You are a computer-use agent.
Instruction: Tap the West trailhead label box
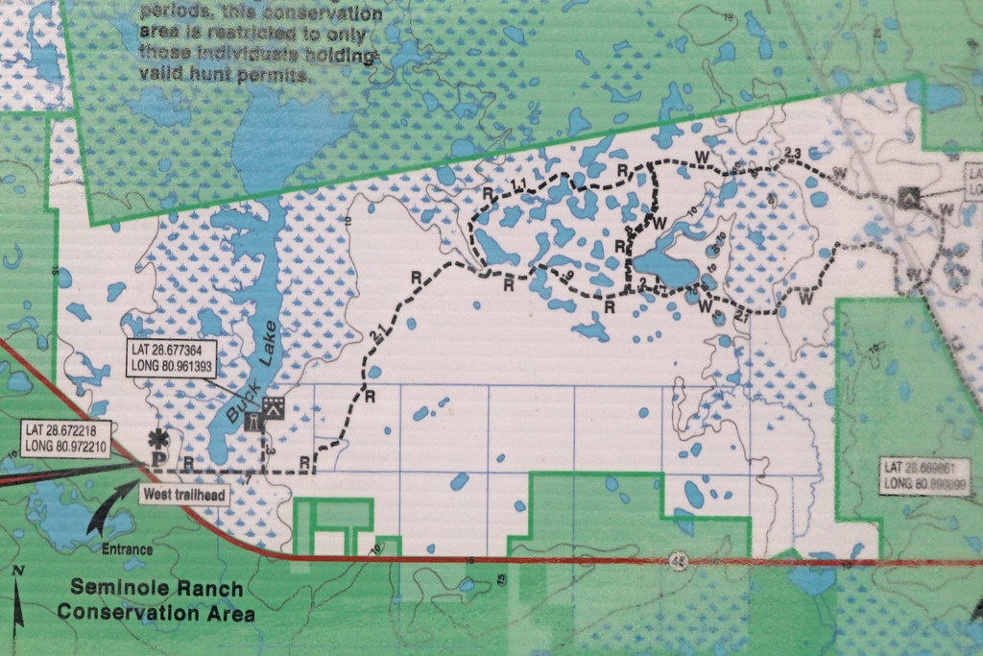pyautogui.click(x=185, y=496)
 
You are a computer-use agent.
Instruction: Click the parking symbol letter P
pyautogui.click(x=156, y=462)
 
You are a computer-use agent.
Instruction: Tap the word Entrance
pyautogui.click(x=128, y=549)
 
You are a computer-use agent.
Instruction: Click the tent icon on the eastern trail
pyautogui.click(x=908, y=197)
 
